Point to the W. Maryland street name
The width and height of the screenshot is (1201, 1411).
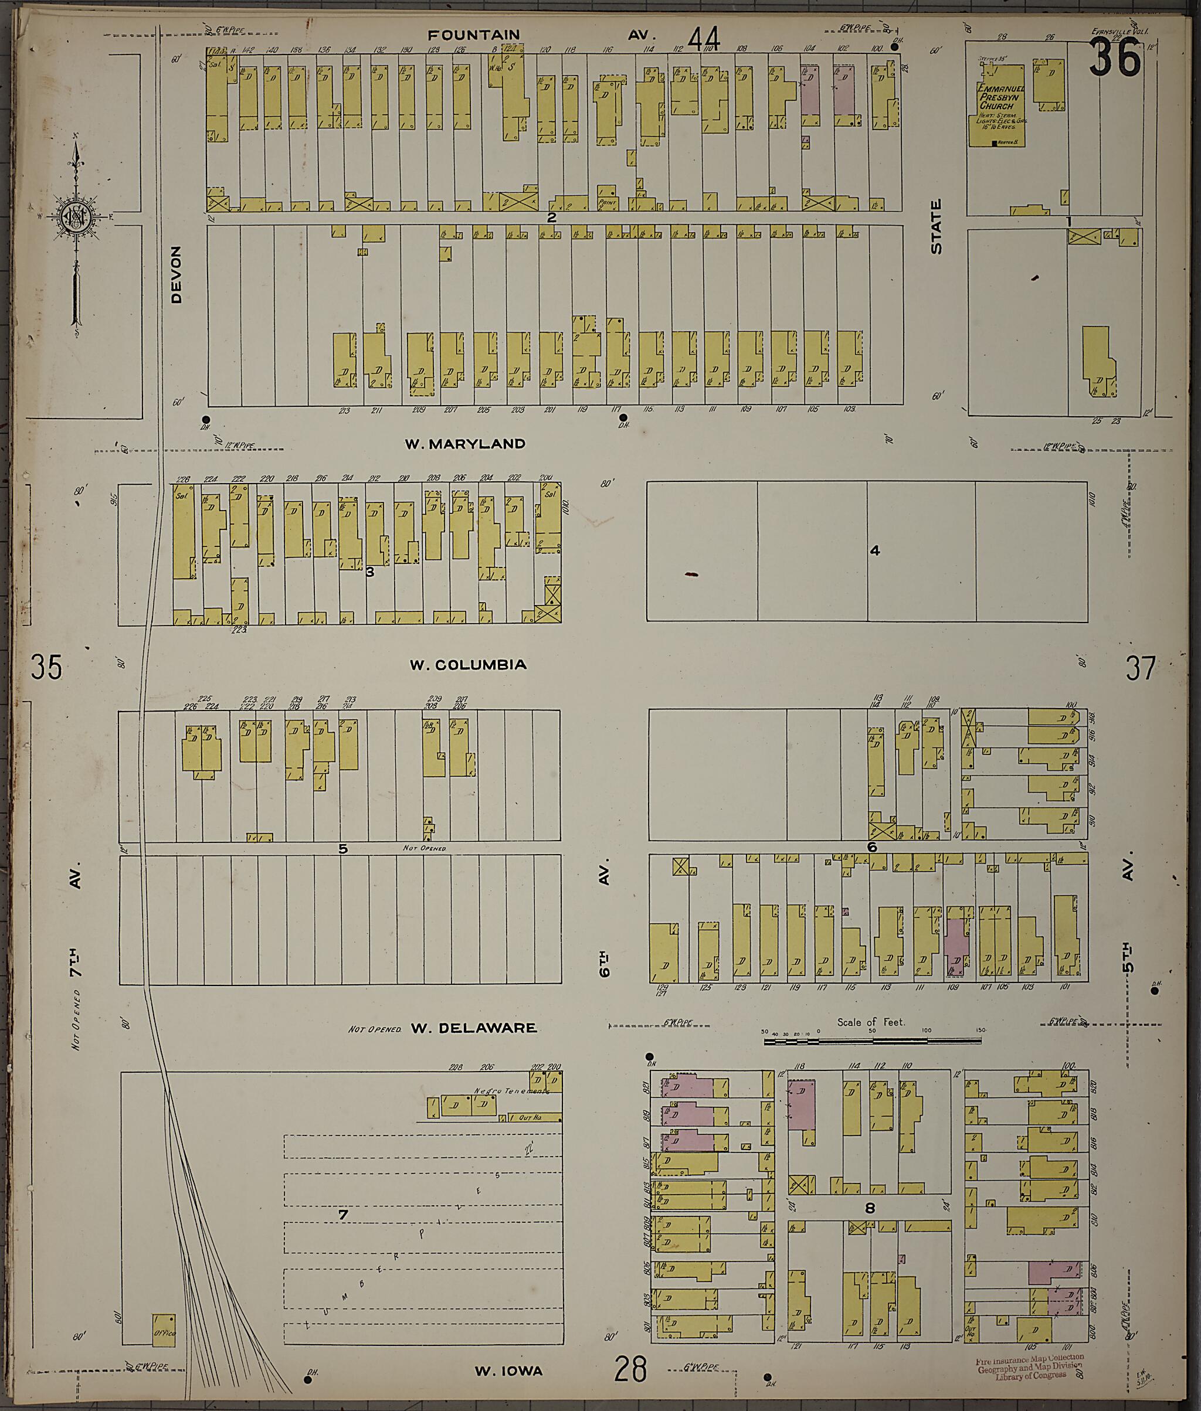coord(465,444)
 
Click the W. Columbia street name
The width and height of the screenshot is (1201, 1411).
coord(468,664)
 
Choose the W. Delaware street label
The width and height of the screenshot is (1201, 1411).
coord(473,1028)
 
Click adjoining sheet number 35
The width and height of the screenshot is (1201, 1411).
coord(46,667)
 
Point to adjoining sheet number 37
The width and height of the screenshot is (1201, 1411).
coord(1141,668)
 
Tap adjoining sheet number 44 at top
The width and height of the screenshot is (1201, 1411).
coord(704,39)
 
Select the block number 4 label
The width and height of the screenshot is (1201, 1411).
coord(875,550)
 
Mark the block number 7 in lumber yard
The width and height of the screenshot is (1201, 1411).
coord(343,1214)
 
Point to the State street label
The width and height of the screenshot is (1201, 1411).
coord(936,227)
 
